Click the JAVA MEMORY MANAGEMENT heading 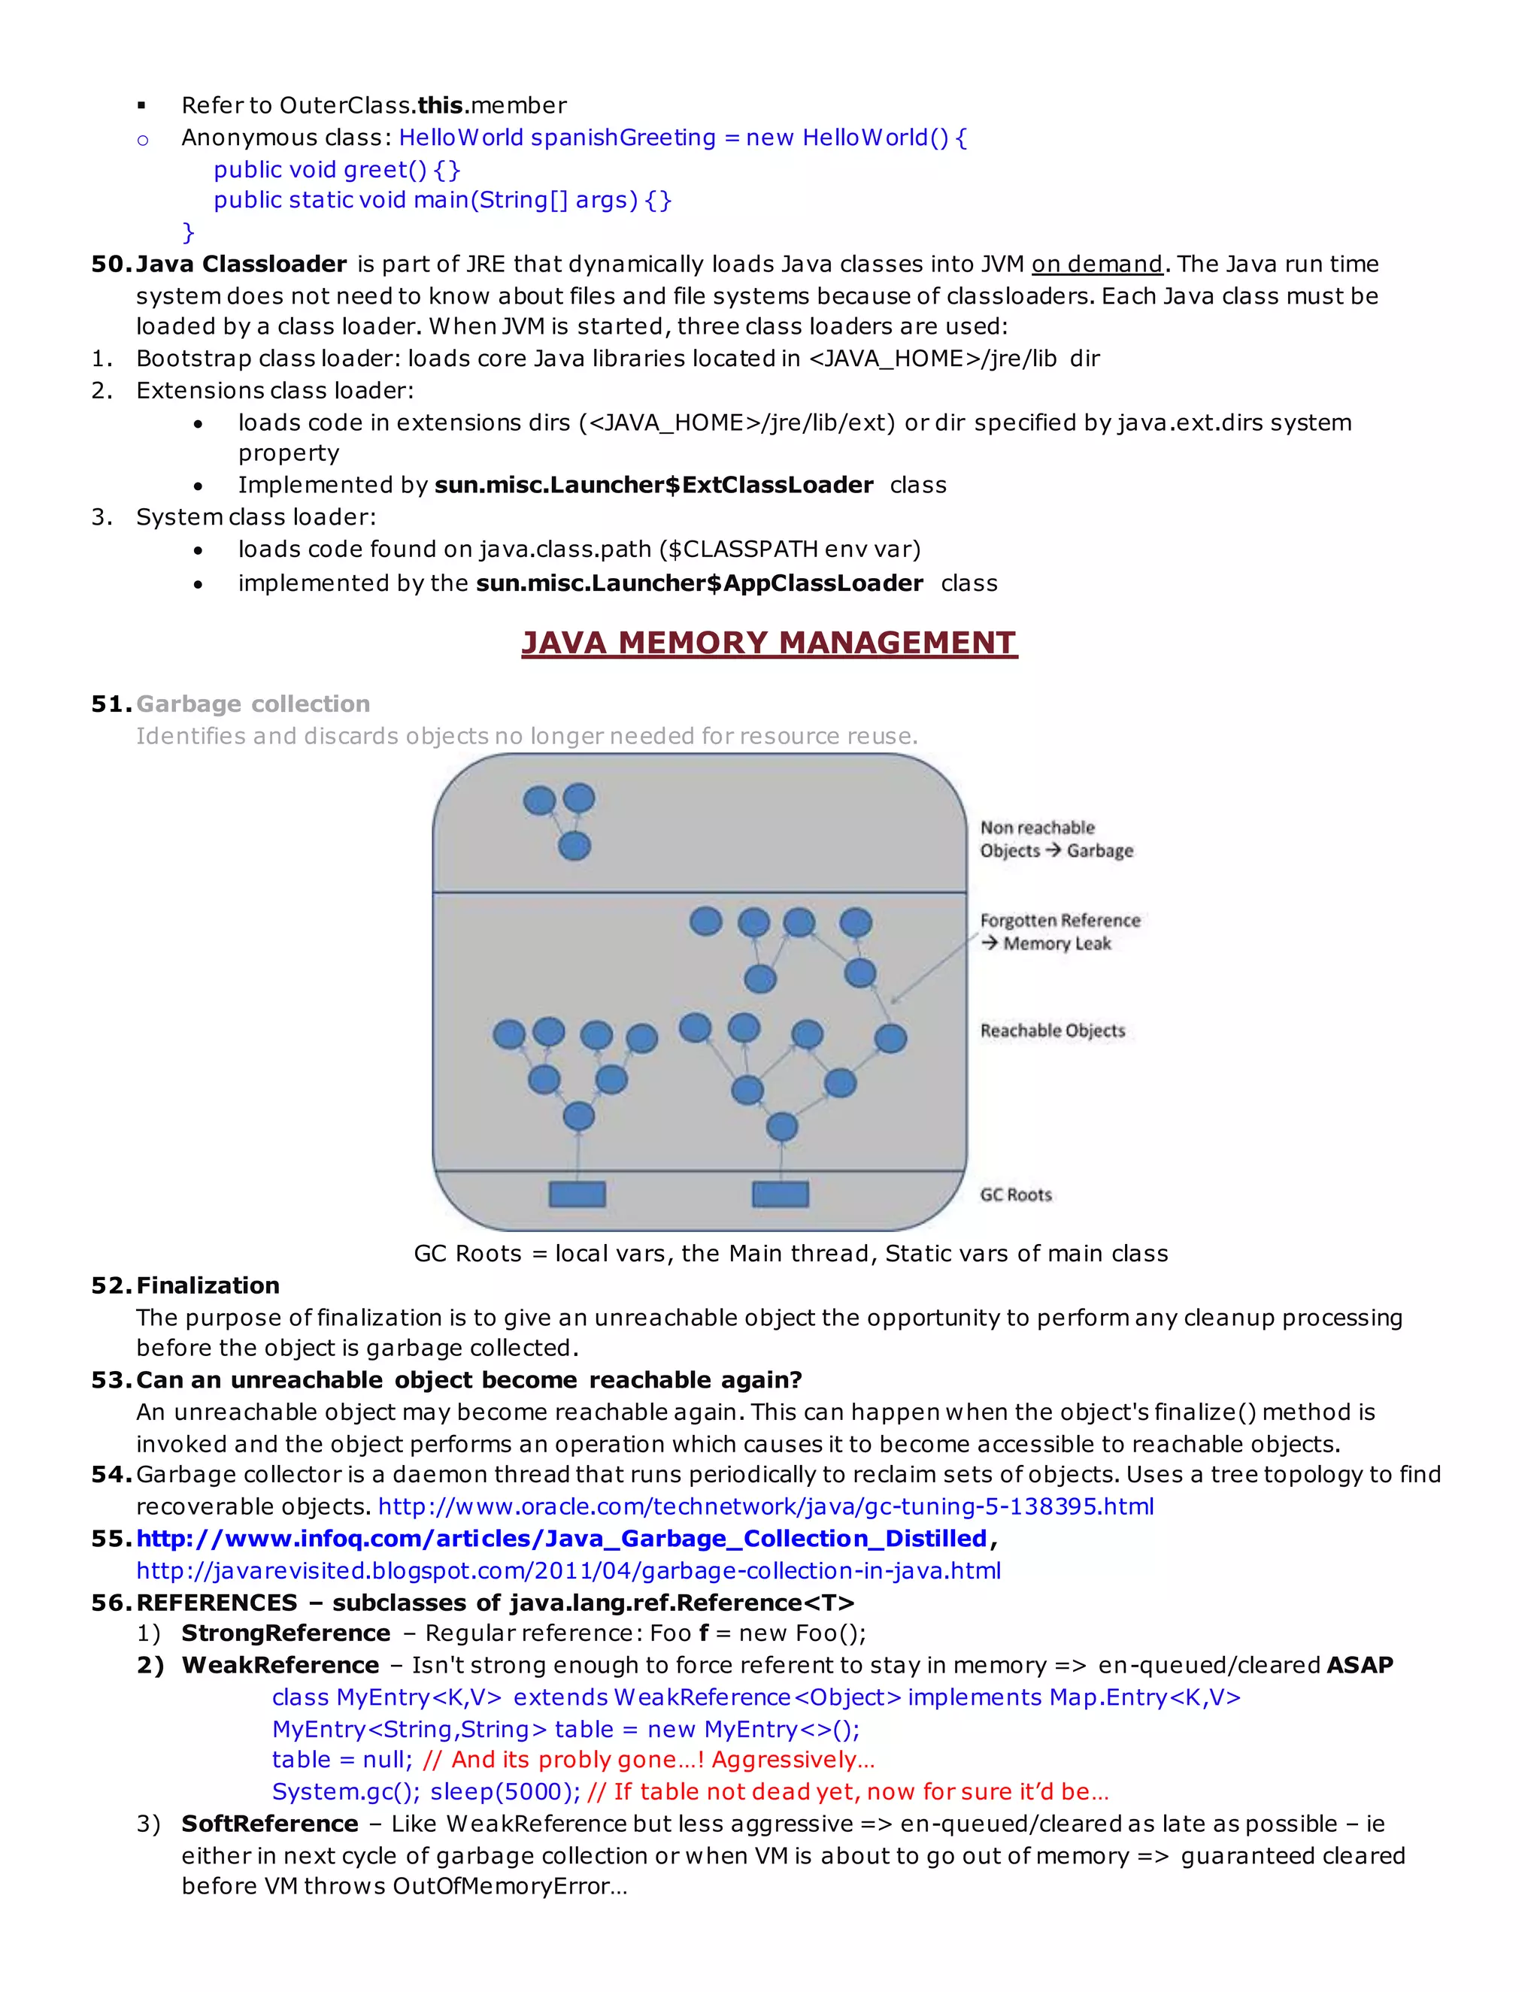769,643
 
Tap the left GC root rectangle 577,1194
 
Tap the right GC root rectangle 780,1194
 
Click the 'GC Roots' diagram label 1015,1195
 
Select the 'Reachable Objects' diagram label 1052,1031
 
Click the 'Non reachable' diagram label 1037,828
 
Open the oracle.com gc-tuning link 765,1506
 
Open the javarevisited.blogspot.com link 568,1570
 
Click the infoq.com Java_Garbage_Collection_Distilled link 561,1538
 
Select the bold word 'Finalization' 208,1285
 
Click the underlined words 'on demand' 1096,265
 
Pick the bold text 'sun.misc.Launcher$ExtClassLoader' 653,486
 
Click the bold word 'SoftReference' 269,1824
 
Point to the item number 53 111,1380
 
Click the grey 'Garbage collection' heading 253,704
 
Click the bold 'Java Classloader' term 241,265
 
